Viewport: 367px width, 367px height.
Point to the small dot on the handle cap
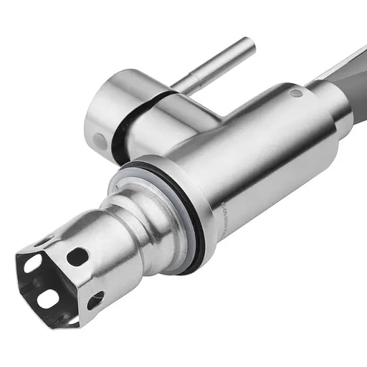click(97, 139)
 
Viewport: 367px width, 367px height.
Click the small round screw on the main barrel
click(295, 92)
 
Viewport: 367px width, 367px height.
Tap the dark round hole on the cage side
click(77, 257)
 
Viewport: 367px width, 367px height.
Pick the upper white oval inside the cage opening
click(33, 264)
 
